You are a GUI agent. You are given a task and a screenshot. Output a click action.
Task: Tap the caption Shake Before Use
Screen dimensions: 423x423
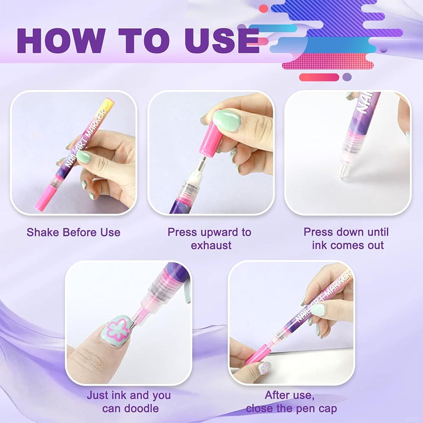pyautogui.click(x=73, y=232)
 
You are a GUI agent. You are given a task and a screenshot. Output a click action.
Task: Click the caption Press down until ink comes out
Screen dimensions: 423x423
pyautogui.click(x=346, y=239)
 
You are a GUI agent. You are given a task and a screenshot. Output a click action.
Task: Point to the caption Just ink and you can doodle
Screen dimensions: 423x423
pyautogui.click(x=129, y=402)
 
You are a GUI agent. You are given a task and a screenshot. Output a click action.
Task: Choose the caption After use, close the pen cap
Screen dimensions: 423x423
pyautogui.click(x=291, y=402)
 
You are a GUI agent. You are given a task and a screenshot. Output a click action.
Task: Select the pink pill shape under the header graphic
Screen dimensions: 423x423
pyautogui.click(x=319, y=77)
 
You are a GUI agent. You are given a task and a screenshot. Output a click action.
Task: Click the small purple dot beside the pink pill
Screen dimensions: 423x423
pyautogui.click(x=347, y=77)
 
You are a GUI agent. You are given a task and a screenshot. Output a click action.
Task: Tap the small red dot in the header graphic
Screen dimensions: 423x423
pyautogui.click(x=264, y=9)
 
